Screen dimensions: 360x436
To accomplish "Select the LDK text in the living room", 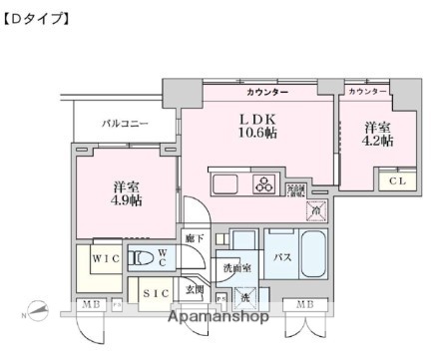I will tap(249, 118).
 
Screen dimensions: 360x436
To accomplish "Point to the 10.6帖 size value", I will tap(249, 133).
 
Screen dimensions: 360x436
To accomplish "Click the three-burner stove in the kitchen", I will tap(263, 183).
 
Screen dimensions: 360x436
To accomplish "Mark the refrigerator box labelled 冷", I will tap(316, 211).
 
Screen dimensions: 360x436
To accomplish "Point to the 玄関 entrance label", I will tap(194, 290).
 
